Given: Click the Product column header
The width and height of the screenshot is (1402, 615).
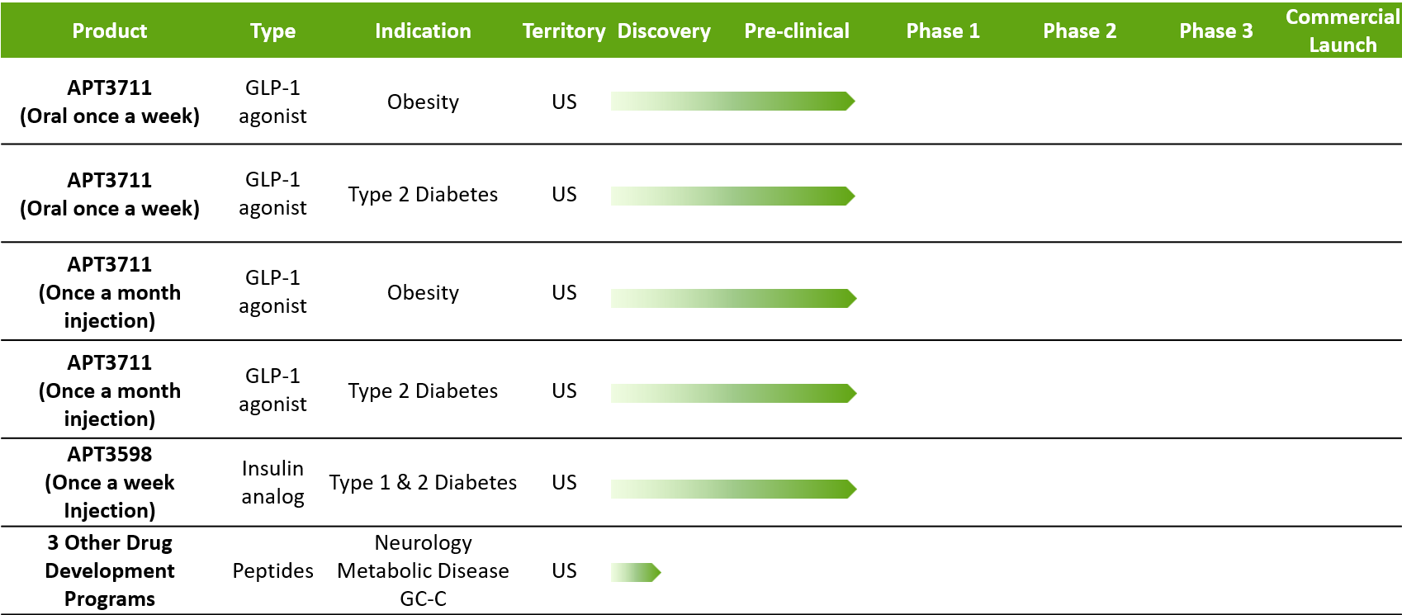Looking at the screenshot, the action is point(110,31).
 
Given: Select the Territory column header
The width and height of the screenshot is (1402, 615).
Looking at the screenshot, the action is point(564,31).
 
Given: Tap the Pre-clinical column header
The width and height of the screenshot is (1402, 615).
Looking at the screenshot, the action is point(797,31).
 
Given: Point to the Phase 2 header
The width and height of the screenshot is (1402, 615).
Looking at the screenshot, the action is point(1080,31).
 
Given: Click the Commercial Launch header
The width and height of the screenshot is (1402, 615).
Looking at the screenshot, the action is point(1343,31).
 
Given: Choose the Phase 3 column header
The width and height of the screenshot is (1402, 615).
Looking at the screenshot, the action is point(1216,31).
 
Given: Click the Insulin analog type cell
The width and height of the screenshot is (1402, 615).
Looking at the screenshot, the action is point(273,482).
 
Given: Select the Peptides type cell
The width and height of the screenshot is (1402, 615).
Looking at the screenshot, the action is point(273,570).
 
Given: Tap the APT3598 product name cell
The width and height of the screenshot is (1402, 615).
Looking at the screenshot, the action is point(110,482).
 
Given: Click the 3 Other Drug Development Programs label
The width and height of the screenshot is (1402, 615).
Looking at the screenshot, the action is point(110,570).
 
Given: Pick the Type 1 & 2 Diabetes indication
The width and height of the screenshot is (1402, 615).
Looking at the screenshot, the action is point(423,482).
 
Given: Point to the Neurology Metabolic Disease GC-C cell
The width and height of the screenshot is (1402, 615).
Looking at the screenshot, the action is point(423,570).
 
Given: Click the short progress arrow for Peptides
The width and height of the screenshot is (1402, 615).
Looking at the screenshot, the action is point(636,572).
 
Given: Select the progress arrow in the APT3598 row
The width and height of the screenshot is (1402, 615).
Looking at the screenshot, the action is point(733,490).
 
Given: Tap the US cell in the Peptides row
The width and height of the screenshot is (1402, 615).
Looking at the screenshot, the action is point(564,570).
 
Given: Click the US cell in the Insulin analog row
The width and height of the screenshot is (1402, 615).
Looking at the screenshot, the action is point(564,482).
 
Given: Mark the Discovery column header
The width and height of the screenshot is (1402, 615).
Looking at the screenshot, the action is point(664,31).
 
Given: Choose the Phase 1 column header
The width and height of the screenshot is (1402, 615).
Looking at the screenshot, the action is point(943,31).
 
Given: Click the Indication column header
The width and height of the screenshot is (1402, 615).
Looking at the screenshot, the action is point(423,31).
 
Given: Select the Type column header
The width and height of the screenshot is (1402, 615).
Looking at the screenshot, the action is point(273,31).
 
